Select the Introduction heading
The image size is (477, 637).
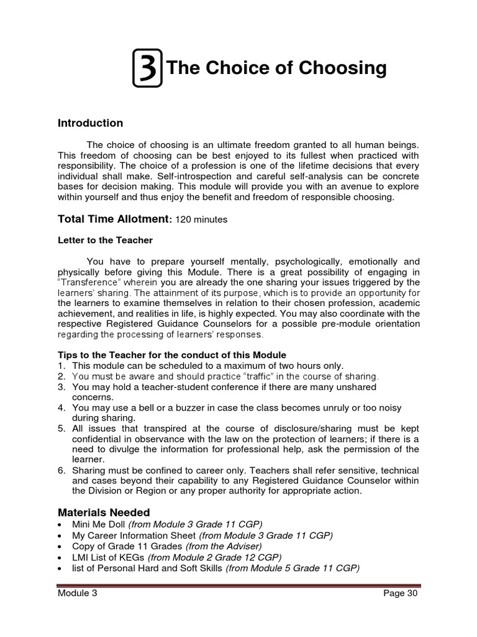point(90,123)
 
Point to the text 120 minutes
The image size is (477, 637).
point(202,220)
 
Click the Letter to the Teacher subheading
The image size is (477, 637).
point(105,240)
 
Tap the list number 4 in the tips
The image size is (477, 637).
point(61,408)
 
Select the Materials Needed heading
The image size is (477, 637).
point(104,513)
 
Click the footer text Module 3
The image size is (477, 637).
point(77,593)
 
